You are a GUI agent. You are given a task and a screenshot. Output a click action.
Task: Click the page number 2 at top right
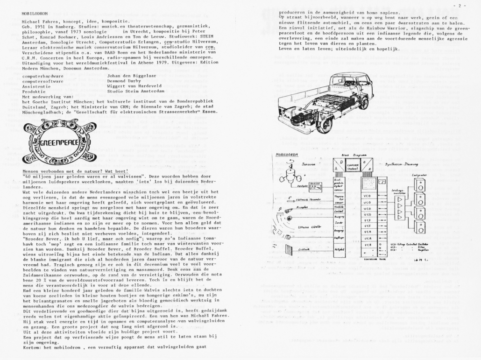click(470, 5)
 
